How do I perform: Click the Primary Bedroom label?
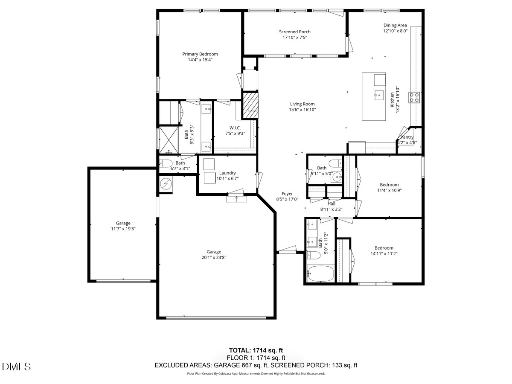200,54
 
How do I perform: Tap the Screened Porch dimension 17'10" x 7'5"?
295,38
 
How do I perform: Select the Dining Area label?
395,25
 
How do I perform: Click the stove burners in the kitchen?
414,97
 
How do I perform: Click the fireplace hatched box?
250,105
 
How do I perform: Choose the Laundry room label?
227,173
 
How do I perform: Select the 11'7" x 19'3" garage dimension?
123,229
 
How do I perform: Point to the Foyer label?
287,194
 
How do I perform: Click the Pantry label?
407,137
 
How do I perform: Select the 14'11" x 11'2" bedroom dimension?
384,253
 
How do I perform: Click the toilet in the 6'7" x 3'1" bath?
166,163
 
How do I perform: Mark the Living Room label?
302,104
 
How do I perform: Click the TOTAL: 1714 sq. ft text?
256,350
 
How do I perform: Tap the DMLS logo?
16,367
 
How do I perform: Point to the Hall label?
331,204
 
